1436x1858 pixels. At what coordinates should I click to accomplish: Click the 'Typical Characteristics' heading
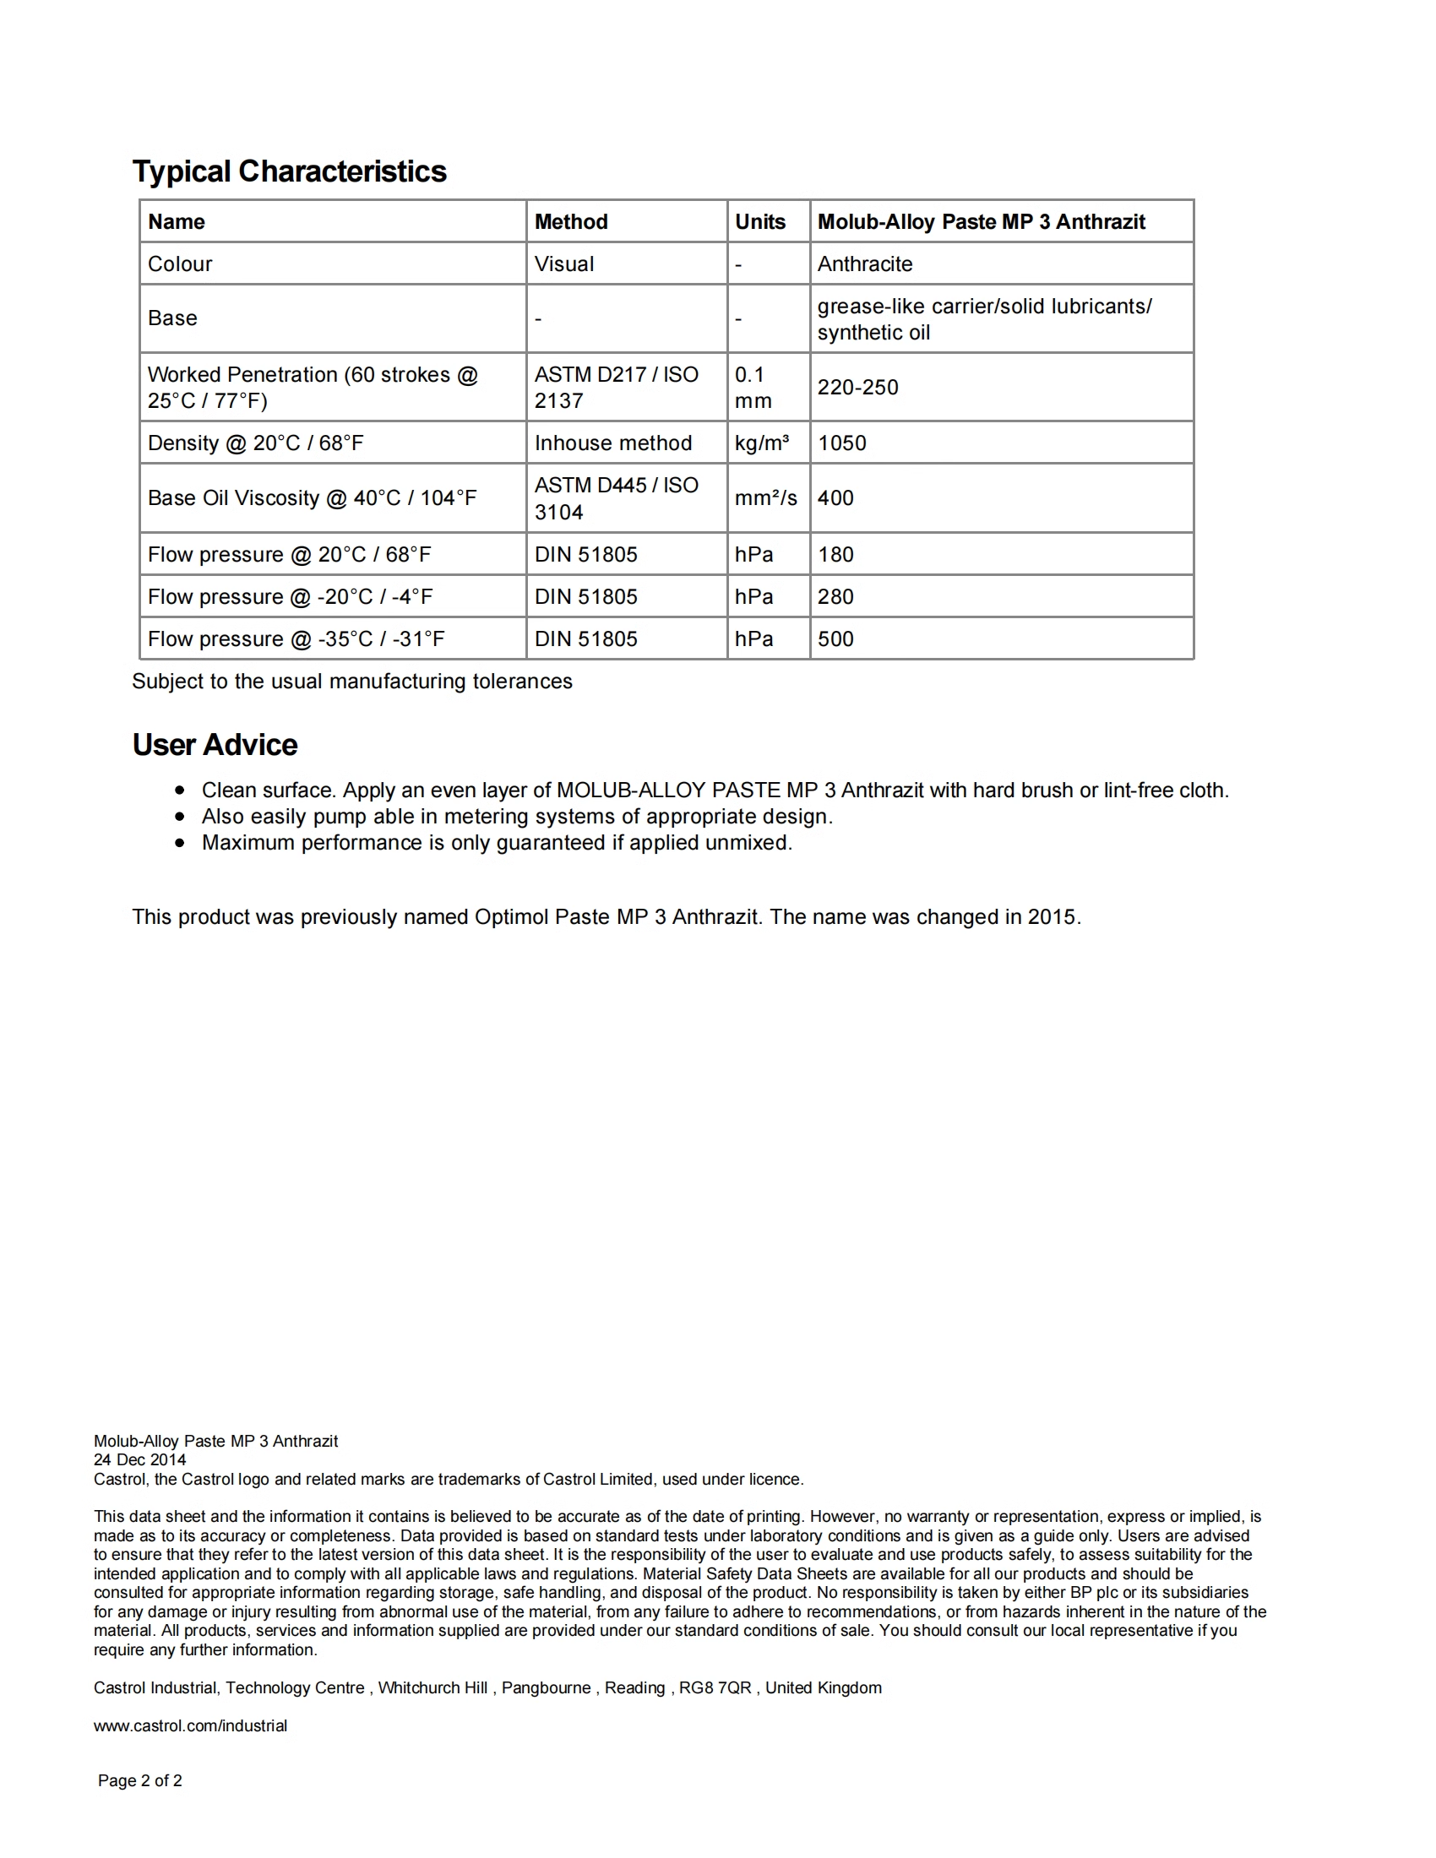coord(289,171)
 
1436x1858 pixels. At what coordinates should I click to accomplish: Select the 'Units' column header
coord(759,222)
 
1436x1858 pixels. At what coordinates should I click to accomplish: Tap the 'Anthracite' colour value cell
coord(864,263)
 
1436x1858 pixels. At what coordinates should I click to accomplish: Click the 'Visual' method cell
coord(564,263)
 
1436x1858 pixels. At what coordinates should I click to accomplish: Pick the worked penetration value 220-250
coord(857,387)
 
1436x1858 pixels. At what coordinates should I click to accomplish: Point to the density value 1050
coord(841,443)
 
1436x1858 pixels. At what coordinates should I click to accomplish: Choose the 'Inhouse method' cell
coord(612,443)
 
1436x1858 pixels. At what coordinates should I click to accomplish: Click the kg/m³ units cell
coord(761,443)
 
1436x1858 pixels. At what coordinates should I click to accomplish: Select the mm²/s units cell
coord(765,497)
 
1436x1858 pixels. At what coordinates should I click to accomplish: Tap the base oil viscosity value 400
coord(835,497)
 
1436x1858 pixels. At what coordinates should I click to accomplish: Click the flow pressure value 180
coord(835,555)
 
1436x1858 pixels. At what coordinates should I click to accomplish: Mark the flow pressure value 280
coord(835,596)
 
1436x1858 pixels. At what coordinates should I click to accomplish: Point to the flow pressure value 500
coord(835,639)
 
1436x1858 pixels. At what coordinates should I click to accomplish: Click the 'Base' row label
coord(172,318)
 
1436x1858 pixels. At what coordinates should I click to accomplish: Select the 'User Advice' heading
coord(215,744)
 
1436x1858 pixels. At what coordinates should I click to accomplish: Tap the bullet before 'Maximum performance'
coord(179,843)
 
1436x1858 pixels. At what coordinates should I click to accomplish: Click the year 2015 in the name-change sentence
coord(1052,917)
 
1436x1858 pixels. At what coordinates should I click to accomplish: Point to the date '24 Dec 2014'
coord(139,1460)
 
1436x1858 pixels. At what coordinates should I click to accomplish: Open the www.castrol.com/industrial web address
coord(191,1725)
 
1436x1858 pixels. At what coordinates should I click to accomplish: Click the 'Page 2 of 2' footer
coord(139,1780)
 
